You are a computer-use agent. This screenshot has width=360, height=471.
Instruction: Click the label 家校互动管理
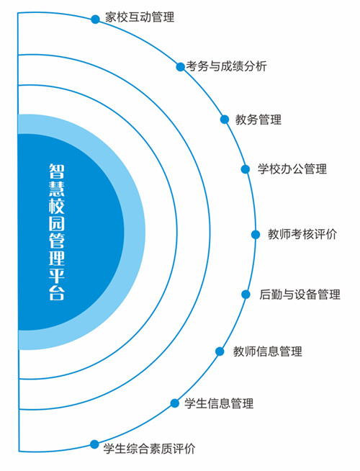[140, 17]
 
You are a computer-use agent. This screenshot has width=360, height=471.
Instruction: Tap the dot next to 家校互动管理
[95, 19]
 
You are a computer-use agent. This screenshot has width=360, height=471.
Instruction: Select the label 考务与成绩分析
[226, 66]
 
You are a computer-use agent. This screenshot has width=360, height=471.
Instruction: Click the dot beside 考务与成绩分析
[180, 67]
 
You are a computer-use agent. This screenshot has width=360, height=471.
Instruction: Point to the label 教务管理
[258, 120]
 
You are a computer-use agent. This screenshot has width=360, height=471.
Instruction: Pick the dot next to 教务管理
[225, 120]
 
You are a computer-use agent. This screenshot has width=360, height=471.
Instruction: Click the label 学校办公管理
[292, 169]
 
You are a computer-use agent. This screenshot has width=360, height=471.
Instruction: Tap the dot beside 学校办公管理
[246, 169]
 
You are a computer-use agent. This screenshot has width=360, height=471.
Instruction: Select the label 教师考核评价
[302, 234]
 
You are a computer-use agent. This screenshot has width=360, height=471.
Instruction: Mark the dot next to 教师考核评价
[256, 234]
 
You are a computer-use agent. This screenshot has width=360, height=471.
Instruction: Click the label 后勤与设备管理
[300, 294]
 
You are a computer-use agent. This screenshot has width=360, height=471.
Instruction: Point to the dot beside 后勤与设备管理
[246, 295]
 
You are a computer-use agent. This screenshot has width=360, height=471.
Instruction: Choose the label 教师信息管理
[268, 351]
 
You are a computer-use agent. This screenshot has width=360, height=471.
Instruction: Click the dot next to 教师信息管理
[220, 351]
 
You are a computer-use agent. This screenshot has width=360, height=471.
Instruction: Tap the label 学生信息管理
[219, 403]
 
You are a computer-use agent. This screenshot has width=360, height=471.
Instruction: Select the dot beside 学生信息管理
[174, 403]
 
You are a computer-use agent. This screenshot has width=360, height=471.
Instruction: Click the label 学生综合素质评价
[149, 449]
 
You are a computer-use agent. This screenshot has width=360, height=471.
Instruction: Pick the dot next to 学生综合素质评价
[94, 444]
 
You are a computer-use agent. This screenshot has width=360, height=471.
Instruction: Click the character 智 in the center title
[57, 171]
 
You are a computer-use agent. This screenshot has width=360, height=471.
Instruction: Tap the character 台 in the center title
[57, 292]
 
